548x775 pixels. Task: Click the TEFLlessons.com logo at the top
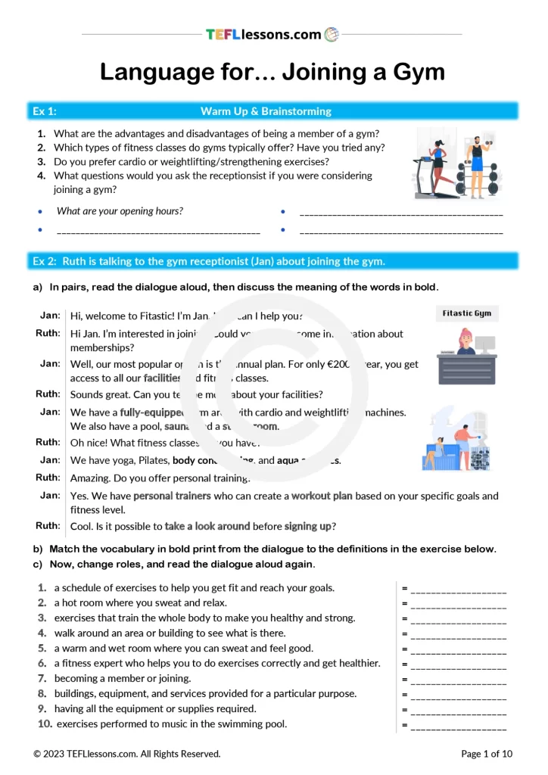click(x=272, y=34)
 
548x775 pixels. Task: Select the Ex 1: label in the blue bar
click(x=44, y=111)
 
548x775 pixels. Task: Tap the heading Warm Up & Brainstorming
click(x=266, y=111)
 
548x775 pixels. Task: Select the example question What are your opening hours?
click(x=120, y=211)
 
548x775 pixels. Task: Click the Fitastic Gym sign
click(x=467, y=313)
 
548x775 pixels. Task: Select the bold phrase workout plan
click(x=322, y=496)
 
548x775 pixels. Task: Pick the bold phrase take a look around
click(x=207, y=526)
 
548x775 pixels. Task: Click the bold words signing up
click(x=307, y=526)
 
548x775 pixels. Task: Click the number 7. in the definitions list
click(x=42, y=678)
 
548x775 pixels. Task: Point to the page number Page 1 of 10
click(x=487, y=754)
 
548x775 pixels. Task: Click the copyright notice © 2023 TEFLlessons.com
click(x=126, y=754)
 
